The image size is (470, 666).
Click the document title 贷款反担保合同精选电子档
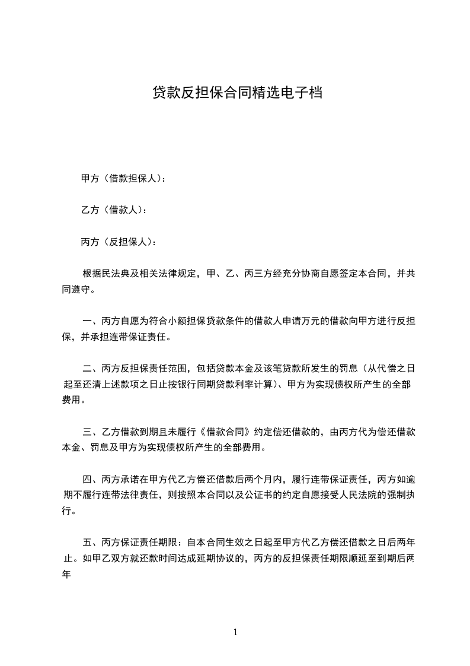pyautogui.click(x=237, y=93)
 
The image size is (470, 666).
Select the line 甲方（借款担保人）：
pyautogui.click(x=123, y=177)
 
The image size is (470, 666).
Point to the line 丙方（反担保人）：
pyautogui.click(x=119, y=242)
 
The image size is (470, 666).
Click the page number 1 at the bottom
pyautogui.click(x=235, y=632)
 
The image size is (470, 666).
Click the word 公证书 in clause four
pyautogui.click(x=270, y=494)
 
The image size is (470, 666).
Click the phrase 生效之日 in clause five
pyautogui.click(x=237, y=542)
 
